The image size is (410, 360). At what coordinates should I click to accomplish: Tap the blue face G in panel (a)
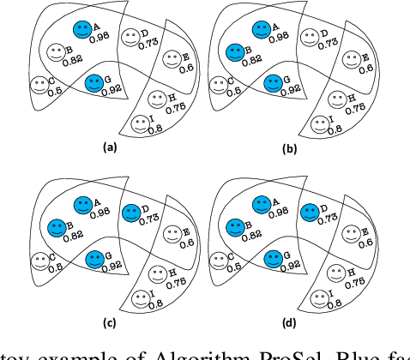click(95, 83)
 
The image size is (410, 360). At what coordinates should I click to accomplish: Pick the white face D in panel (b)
click(306, 36)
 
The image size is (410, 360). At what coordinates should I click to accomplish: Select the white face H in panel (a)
click(154, 99)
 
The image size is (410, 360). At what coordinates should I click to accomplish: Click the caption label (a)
click(109, 147)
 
